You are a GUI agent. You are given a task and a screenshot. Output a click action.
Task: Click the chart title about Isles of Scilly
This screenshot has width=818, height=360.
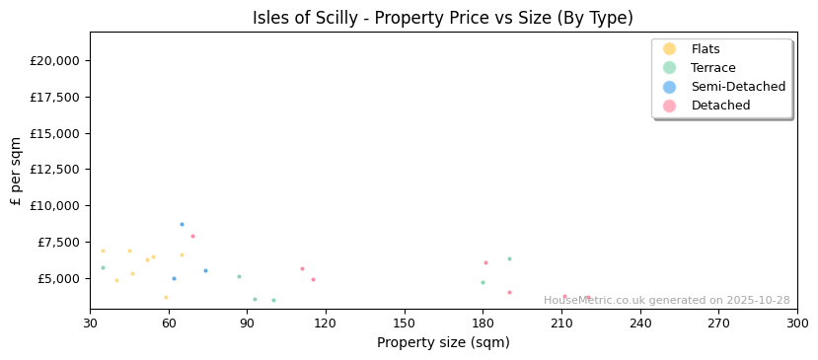pyautogui.click(x=443, y=18)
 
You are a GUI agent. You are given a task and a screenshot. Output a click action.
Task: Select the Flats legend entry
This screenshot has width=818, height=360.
pyautogui.click(x=706, y=49)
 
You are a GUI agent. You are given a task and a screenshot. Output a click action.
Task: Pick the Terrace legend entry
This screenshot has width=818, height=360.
pyautogui.click(x=712, y=68)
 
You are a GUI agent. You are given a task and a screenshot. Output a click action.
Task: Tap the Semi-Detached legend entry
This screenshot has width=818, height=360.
pyautogui.click(x=738, y=87)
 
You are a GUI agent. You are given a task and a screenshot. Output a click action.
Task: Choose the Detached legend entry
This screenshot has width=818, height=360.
pyautogui.click(x=720, y=106)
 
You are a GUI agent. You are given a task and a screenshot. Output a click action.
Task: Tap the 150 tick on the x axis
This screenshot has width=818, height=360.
pyautogui.click(x=405, y=324)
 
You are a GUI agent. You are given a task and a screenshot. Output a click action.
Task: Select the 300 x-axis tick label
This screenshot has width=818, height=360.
pyautogui.click(x=796, y=324)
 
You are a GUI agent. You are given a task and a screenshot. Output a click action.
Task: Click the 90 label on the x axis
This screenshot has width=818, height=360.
pyautogui.click(x=248, y=324)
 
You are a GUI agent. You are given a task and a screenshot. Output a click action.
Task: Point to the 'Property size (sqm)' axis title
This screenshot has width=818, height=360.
pyautogui.click(x=443, y=342)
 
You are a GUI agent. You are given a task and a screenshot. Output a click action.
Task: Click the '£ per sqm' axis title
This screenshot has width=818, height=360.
pyautogui.click(x=16, y=171)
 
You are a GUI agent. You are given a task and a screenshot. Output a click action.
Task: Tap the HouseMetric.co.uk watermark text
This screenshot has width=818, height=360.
pyautogui.click(x=666, y=301)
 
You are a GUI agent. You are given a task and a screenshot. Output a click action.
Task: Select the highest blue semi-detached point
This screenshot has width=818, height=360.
pyautogui.click(x=182, y=224)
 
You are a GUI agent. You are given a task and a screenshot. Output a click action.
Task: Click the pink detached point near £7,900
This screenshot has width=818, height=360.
pyautogui.click(x=192, y=236)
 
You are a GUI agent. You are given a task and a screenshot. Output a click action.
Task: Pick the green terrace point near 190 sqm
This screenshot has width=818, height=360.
pyautogui.click(x=509, y=259)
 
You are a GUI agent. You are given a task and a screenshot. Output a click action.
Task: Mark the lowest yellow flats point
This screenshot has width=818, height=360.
pyautogui.click(x=166, y=297)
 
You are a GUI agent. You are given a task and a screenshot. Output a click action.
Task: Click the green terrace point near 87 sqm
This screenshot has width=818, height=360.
pyautogui.click(x=239, y=276)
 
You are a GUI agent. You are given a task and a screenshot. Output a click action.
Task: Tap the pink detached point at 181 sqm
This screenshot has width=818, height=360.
pyautogui.click(x=485, y=262)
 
